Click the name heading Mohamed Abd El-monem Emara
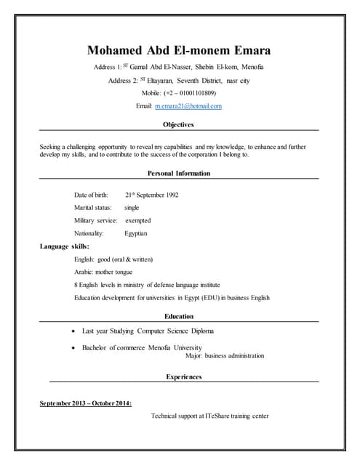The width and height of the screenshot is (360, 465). [179, 51]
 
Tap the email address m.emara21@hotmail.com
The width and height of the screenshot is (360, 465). [188, 106]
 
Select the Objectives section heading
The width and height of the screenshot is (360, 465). [179, 125]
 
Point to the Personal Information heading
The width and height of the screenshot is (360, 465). [179, 174]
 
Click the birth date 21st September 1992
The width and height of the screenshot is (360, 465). [151, 195]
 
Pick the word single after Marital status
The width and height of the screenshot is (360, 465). [132, 208]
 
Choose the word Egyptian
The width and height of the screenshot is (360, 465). [136, 233]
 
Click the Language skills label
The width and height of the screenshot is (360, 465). [65, 246]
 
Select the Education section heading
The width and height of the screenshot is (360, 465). [179, 316]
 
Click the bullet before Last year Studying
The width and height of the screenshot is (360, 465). [76, 331]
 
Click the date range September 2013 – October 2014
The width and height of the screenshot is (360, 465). [86, 403]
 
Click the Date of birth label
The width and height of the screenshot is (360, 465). [91, 195]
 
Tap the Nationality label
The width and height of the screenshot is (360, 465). [89, 233]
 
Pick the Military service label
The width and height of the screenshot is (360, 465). [95, 220]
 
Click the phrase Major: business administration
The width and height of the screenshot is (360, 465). [225, 356]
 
